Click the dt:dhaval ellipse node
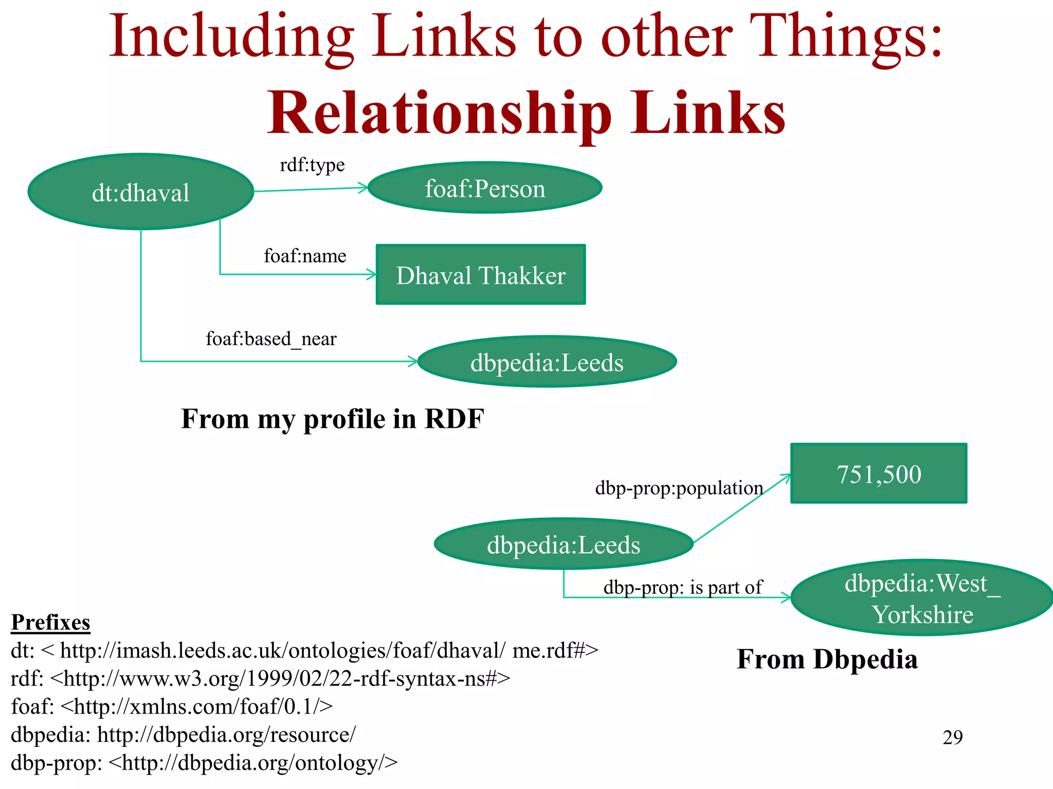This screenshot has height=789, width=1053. click(x=140, y=192)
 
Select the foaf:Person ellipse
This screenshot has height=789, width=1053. click(x=485, y=188)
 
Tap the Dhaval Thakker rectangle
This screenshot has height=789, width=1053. click(x=481, y=275)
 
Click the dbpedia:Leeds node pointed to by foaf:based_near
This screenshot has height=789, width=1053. click(x=547, y=362)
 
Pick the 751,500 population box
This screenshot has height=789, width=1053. click(x=879, y=473)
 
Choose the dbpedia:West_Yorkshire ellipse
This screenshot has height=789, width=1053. click(x=922, y=598)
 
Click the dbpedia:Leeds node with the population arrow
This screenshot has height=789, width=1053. click(x=564, y=544)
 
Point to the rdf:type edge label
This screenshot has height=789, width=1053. click(x=312, y=165)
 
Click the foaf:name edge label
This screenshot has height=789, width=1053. click(x=305, y=256)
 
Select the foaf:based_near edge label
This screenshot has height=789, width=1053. click(x=271, y=339)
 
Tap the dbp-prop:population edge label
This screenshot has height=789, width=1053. click(x=679, y=487)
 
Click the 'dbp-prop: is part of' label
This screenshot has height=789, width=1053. click(x=683, y=587)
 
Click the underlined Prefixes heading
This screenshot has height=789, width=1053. click(x=50, y=622)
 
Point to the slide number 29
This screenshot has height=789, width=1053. click(x=952, y=737)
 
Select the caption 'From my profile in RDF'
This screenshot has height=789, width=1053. click(x=332, y=419)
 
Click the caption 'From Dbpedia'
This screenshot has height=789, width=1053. click(x=827, y=659)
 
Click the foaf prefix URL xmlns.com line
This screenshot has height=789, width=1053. click(x=172, y=707)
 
